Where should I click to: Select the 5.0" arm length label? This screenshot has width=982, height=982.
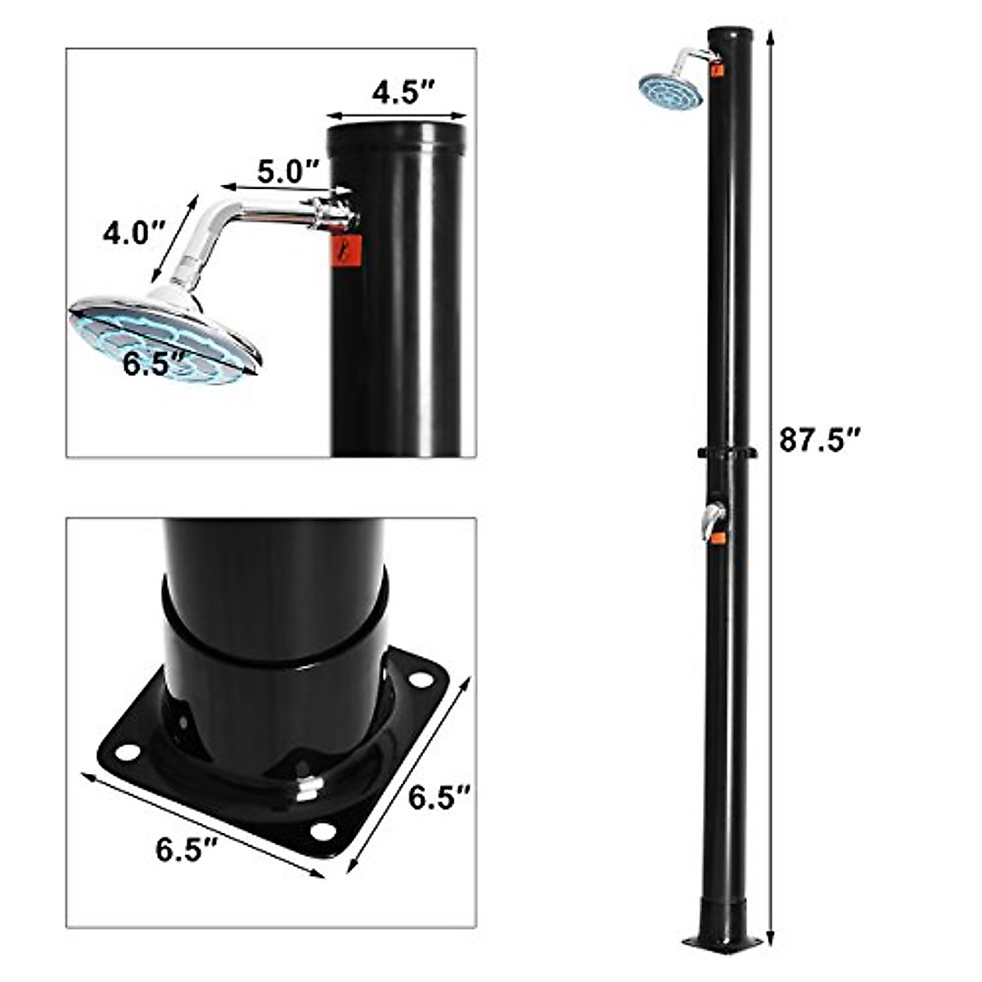[288, 172]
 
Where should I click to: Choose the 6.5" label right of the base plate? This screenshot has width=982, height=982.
[439, 796]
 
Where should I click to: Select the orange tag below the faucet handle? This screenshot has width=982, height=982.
[718, 538]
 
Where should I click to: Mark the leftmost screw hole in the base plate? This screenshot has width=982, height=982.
[127, 750]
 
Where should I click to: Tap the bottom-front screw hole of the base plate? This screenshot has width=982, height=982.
[323, 832]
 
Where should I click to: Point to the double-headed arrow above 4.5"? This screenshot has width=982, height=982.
[397, 116]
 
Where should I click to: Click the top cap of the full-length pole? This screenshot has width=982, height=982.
[730, 34]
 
